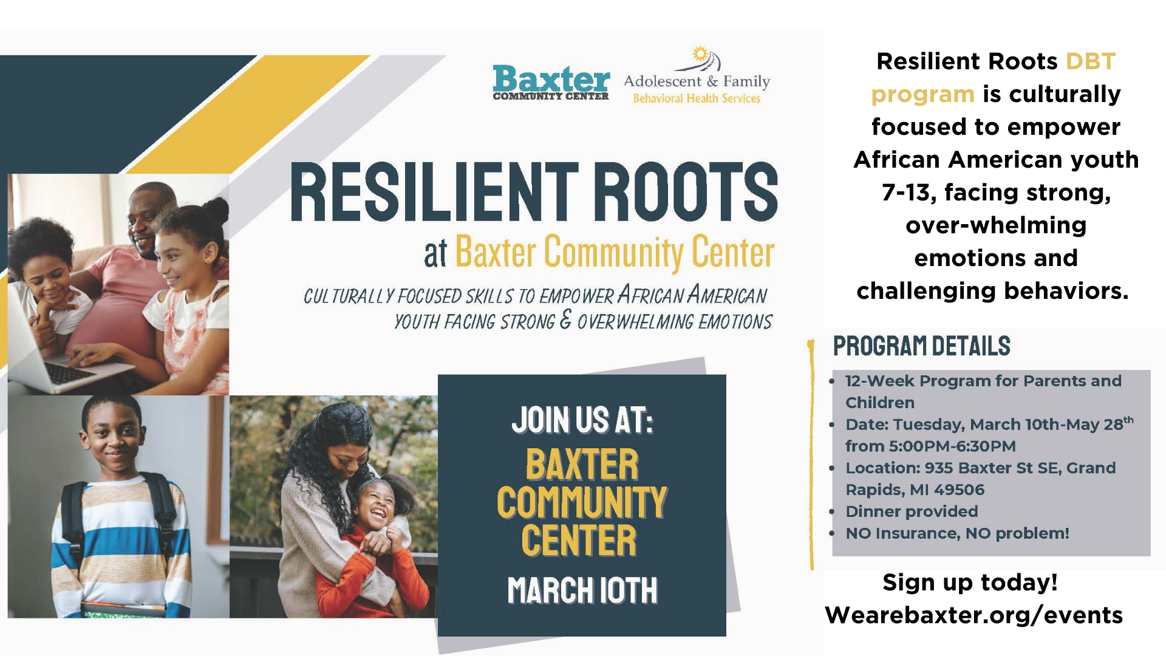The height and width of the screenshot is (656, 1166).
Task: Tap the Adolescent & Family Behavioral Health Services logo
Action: (697, 75)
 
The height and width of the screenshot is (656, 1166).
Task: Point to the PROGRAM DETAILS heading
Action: (921, 346)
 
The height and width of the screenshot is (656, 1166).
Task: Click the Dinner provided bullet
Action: (912, 511)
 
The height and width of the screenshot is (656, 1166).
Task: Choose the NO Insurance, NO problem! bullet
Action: (957, 533)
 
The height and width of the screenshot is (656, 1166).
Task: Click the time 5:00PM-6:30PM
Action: (952, 446)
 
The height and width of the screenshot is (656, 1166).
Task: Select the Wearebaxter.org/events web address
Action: (973, 615)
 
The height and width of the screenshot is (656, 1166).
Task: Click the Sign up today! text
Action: (970, 583)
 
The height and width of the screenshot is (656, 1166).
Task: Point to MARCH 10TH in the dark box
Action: (582, 590)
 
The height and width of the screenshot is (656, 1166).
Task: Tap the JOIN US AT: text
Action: (582, 420)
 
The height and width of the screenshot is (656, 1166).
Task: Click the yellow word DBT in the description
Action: (1091, 61)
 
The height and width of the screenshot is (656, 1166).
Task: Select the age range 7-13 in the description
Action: (906, 193)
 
